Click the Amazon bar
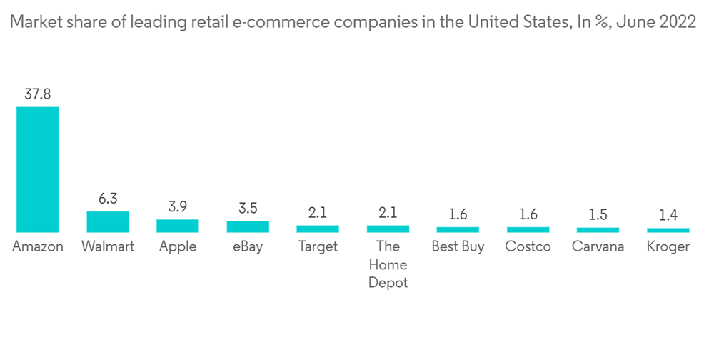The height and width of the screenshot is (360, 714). [x=38, y=169]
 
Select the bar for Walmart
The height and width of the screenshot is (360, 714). [x=108, y=221]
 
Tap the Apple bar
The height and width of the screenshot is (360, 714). [x=178, y=226]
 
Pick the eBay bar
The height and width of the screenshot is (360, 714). [x=248, y=226]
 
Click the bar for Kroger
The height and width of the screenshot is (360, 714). [x=668, y=230]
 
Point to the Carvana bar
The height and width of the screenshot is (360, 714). [x=598, y=230]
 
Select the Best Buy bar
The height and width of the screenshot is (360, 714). [x=458, y=229]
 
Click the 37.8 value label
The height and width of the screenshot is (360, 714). [x=38, y=94]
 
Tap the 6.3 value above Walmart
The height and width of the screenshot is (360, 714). [x=108, y=199]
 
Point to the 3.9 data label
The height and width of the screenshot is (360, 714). [x=178, y=207]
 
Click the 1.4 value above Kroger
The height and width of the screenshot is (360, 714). [x=668, y=216]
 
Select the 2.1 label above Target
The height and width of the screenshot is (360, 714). [x=318, y=213]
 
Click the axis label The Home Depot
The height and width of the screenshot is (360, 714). [x=388, y=264]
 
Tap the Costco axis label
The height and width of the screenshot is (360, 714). [x=528, y=246]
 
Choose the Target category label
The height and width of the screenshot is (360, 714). [x=318, y=246]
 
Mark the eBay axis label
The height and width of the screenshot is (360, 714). [x=248, y=246]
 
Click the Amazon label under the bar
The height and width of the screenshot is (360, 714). [x=38, y=246]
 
